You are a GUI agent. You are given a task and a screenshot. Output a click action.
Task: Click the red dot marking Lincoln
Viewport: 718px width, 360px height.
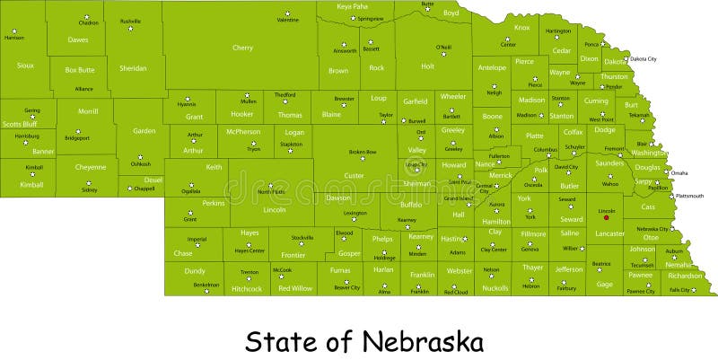[x=607, y=217]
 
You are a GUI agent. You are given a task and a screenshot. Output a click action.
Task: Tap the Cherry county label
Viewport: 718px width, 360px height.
[x=242, y=48]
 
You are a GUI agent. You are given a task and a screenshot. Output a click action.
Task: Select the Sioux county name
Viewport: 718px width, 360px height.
[x=25, y=65]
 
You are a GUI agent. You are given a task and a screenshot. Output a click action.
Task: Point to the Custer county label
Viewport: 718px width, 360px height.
[x=355, y=175]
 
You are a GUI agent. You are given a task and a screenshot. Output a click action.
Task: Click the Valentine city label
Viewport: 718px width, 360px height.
[x=287, y=20]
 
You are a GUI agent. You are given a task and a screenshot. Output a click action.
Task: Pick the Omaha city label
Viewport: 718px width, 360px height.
[x=679, y=172]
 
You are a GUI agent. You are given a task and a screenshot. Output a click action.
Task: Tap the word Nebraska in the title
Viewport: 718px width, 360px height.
[x=423, y=341]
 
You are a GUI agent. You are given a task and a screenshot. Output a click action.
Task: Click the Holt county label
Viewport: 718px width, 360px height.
[x=427, y=66]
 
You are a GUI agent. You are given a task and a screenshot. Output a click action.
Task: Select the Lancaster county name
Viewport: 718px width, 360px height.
[x=609, y=233]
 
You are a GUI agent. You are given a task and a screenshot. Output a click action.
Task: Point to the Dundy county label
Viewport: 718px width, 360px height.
[x=195, y=270]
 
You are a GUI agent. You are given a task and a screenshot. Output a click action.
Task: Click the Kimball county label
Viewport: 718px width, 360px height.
[x=31, y=184]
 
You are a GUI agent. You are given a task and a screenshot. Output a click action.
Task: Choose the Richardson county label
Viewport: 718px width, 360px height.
[x=684, y=276]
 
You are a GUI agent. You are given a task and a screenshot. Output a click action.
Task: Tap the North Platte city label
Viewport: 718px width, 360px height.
[x=270, y=192]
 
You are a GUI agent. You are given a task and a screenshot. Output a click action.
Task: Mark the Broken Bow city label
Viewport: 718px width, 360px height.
[x=363, y=152]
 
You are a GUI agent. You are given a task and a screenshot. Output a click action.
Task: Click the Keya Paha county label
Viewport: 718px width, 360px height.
[x=353, y=6]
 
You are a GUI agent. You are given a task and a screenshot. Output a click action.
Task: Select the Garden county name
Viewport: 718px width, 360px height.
[x=144, y=131]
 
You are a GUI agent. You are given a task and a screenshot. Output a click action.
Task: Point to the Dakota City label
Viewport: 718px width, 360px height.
[x=643, y=58]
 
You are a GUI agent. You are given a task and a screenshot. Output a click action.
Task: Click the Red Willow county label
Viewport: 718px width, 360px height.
[x=295, y=288]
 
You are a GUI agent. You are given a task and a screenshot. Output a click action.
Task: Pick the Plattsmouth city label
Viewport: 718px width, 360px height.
[x=689, y=195]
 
